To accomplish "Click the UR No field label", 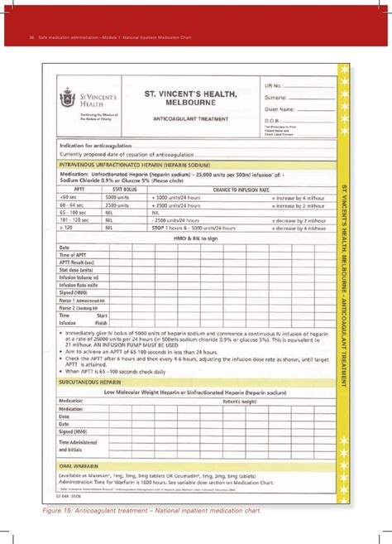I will click(275, 86).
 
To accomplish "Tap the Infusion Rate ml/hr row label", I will click(79, 282).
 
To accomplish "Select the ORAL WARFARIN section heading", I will click(83, 465).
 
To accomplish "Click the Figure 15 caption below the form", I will click(153, 510).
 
